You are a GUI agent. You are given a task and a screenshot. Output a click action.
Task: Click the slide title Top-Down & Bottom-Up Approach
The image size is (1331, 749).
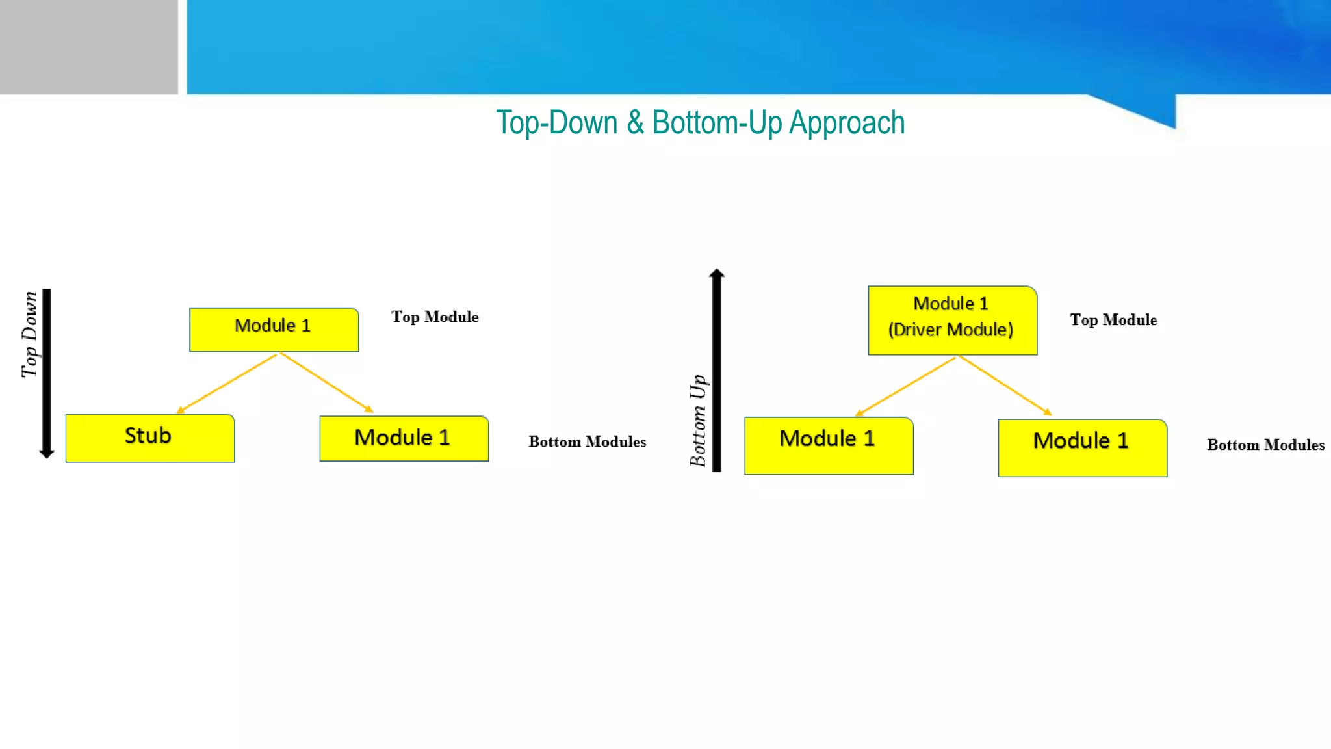(x=700, y=123)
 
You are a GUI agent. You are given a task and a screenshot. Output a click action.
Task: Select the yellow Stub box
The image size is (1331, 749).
(x=150, y=438)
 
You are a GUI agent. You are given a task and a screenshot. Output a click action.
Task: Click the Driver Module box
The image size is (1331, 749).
(x=952, y=320)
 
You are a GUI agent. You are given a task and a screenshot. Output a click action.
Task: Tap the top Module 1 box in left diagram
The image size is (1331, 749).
(x=274, y=329)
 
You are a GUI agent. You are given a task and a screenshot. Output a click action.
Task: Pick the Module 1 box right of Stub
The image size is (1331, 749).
(x=404, y=438)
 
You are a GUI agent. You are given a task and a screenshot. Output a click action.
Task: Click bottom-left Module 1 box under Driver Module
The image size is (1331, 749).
(x=829, y=445)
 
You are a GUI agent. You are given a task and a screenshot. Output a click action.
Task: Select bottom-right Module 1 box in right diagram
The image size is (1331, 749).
(x=1082, y=447)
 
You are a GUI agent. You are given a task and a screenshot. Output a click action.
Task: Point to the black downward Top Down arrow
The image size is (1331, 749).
(x=47, y=374)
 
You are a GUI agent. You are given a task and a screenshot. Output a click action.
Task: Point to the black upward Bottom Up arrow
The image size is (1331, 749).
(x=717, y=371)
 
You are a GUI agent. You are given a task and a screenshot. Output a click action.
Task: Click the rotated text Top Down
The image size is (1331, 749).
(x=29, y=334)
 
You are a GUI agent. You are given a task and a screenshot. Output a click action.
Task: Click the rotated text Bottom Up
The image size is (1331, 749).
(x=698, y=420)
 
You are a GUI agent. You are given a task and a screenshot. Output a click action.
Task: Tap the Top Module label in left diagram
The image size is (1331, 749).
(x=435, y=317)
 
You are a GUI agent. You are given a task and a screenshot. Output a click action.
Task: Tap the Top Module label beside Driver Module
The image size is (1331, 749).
(x=1113, y=320)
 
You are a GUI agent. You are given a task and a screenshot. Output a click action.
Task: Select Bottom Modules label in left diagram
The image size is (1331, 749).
(x=587, y=442)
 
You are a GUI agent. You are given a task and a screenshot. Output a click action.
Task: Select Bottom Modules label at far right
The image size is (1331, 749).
(x=1265, y=445)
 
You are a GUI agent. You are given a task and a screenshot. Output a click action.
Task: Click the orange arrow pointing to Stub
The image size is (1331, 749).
(x=227, y=383)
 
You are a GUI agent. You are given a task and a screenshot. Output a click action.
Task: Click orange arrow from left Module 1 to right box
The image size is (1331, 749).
(x=326, y=382)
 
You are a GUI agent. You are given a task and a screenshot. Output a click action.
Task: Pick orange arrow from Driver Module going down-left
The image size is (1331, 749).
(x=906, y=386)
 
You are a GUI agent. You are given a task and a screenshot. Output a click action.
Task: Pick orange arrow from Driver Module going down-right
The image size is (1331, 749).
(x=1005, y=385)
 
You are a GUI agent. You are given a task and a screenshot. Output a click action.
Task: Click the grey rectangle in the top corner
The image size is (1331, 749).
(x=88, y=47)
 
